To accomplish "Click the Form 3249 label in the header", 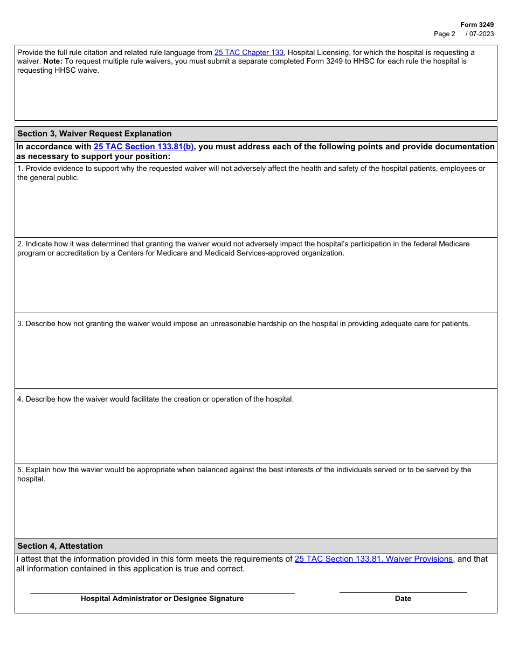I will [476, 25].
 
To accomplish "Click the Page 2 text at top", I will [444, 34].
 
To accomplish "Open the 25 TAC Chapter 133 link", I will [248, 53].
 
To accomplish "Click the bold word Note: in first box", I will [53, 61].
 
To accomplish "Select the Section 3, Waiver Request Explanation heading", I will [94, 134].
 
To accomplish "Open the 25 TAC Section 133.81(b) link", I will [143, 147].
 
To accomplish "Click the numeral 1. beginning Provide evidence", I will [20, 169].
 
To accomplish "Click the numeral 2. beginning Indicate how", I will [20, 244].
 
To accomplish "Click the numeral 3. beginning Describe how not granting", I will [20, 324].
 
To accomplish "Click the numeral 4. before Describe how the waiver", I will [20, 399].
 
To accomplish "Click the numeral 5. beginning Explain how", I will [20, 470].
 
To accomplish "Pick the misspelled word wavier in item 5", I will [92, 470].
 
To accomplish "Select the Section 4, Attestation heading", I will [60, 546].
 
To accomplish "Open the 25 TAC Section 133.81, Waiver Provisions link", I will [373, 560].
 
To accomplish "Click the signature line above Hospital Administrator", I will [162, 593].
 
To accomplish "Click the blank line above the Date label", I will [403, 592].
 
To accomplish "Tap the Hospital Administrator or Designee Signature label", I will [162, 599].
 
